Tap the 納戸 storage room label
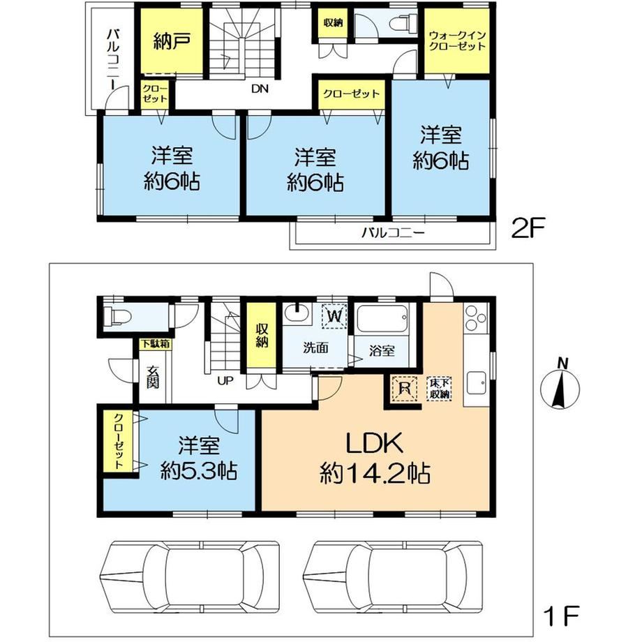coord(172,41)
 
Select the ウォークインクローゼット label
coord(456,40)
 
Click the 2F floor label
coord(528,229)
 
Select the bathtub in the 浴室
coord(382,318)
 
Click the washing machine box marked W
coord(334,316)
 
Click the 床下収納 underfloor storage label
coord(440,389)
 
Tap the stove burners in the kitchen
coord(476,318)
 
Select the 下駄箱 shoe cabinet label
coord(156,343)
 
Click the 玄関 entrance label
coord(153,377)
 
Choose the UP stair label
coord(225,381)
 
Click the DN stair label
coord(260,89)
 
